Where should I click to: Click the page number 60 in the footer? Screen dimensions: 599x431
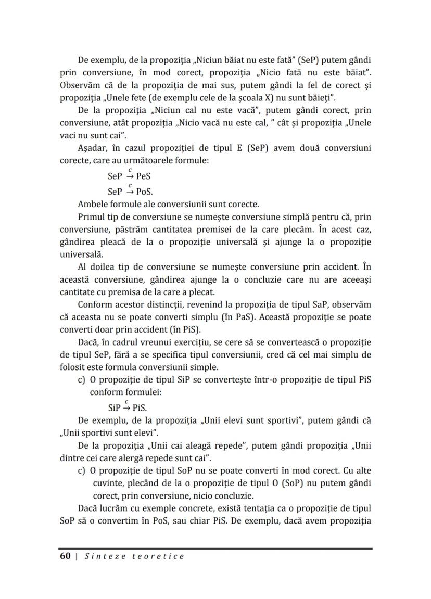pos(65,556)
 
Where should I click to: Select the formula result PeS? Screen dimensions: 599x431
pos(140,176)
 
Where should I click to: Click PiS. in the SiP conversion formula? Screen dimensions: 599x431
pos(136,407)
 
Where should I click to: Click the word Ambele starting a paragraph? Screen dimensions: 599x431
pos(93,203)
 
